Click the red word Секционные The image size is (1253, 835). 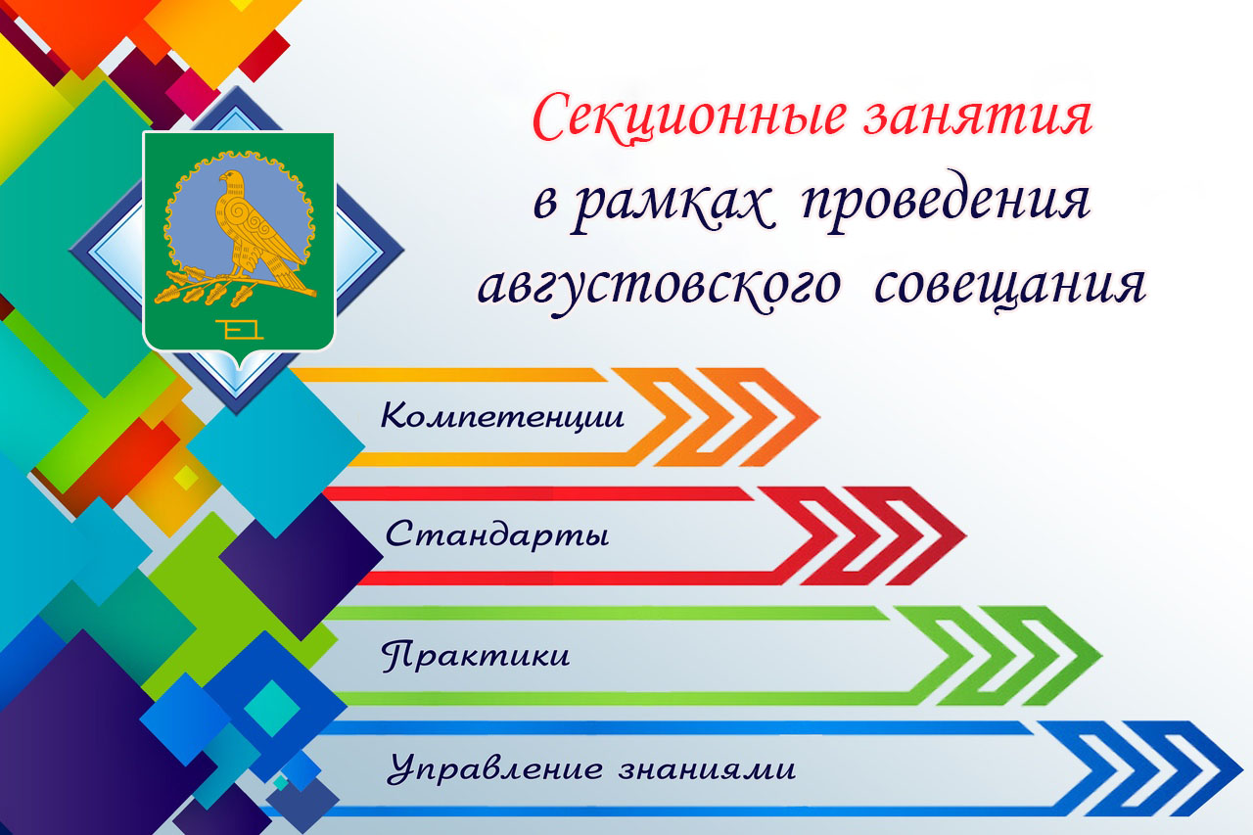point(688,119)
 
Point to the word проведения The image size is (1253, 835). point(946,202)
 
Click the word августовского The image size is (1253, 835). point(659,288)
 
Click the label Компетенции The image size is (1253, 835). point(502,416)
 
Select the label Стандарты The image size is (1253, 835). point(496,535)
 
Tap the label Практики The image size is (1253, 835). point(476,655)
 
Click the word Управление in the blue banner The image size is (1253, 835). point(495,768)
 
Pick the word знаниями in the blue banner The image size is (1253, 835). point(707,769)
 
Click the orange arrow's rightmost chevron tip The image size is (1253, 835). point(820,417)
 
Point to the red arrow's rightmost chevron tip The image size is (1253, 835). point(966,535)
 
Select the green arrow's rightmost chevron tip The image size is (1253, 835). point(1102,656)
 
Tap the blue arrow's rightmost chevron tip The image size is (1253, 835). point(1243,768)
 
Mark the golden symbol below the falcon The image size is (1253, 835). point(239,330)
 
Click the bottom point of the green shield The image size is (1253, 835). point(240,370)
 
